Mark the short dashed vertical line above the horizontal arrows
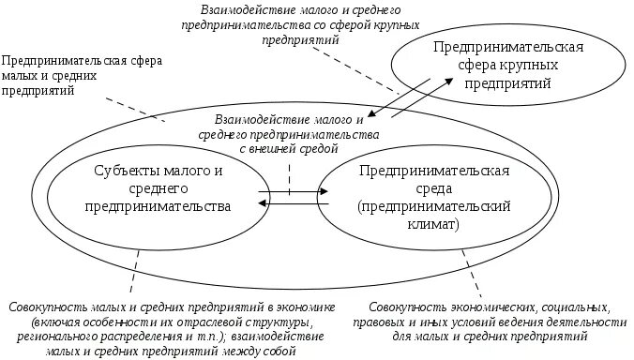click(x=289, y=174)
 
